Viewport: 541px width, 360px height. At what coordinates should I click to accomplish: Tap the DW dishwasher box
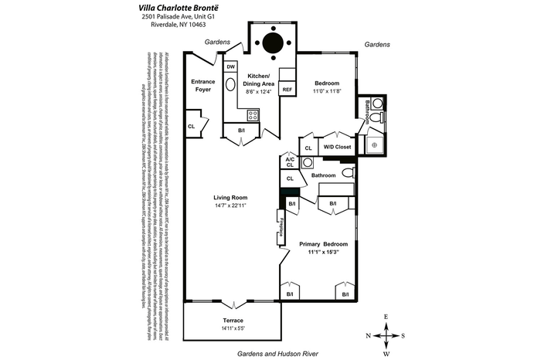tap(230, 67)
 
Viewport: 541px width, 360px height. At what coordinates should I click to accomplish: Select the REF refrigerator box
tap(287, 90)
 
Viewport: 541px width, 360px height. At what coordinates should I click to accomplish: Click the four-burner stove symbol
tap(253, 116)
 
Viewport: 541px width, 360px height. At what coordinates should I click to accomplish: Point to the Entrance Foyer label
tap(202, 85)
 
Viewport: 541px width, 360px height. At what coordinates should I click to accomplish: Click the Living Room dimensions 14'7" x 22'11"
tap(230, 206)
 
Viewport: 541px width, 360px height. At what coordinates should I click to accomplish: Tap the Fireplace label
tap(282, 229)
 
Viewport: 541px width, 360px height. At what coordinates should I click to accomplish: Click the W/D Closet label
tap(337, 147)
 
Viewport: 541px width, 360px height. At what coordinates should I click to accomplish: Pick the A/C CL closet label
tap(290, 161)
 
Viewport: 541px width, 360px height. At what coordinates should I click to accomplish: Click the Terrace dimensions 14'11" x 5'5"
tap(233, 330)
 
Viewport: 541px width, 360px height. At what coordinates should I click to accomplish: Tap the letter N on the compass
tap(369, 335)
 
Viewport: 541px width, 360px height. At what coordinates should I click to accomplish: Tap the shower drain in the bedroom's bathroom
tap(374, 144)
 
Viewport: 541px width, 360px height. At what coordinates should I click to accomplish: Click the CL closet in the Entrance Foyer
tap(191, 126)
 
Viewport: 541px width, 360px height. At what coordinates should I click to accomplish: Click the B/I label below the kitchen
tap(242, 131)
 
